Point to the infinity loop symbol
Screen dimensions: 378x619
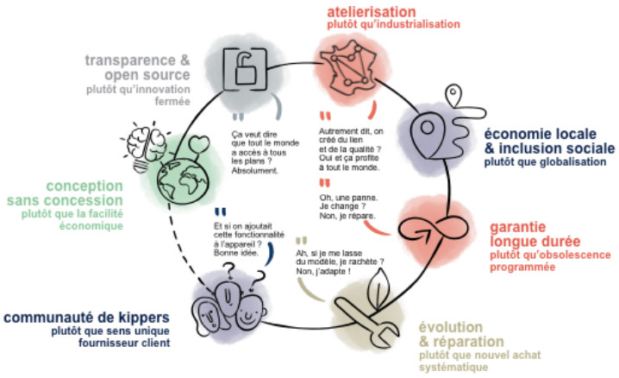(417, 227)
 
